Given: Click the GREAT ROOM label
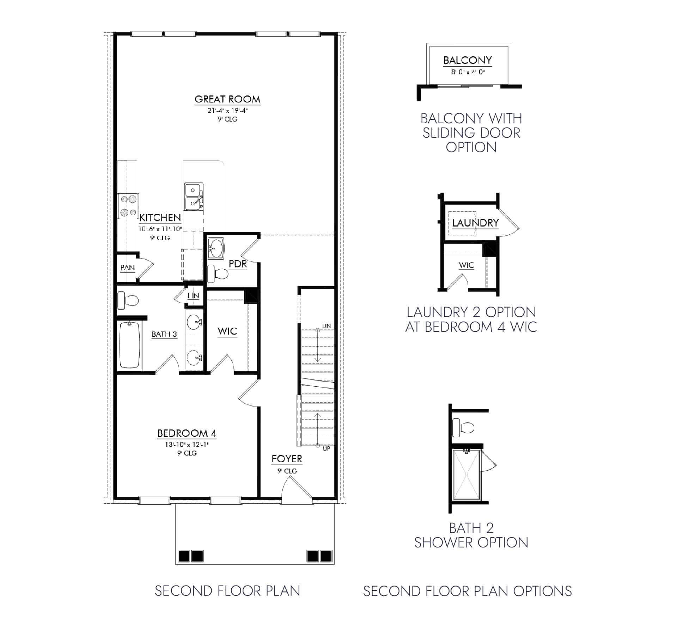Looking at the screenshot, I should [227, 99].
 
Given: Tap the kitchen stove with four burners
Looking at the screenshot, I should [128, 206].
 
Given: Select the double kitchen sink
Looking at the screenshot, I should [193, 197].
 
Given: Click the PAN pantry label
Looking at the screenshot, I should [127, 268].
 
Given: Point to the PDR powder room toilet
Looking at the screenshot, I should [218, 274].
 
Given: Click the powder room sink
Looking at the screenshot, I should [215, 248].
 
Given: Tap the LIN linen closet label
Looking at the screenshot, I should [193, 296].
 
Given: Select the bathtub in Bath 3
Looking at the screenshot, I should [129, 345].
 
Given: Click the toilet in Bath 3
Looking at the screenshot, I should [128, 301].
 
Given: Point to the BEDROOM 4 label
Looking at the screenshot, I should [187, 433].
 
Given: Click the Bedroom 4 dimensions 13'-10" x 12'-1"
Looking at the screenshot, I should [187, 445].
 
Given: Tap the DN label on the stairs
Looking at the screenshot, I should [327, 326].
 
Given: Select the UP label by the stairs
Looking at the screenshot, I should [327, 448].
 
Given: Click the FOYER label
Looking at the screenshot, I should [287, 459].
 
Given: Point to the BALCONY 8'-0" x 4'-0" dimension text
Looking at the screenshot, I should [468, 72].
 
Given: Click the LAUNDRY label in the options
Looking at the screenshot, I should [475, 223].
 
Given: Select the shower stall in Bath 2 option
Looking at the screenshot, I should [466, 475].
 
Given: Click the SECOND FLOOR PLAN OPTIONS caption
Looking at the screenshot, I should [467, 591].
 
